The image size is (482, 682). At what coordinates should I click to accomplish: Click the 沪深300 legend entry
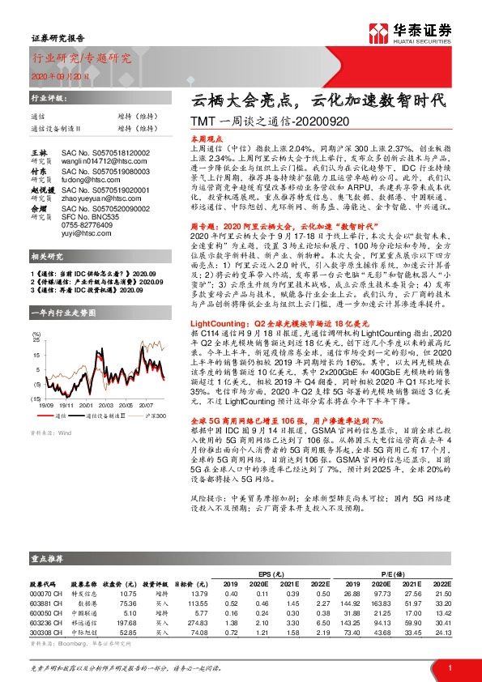coord(156,415)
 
